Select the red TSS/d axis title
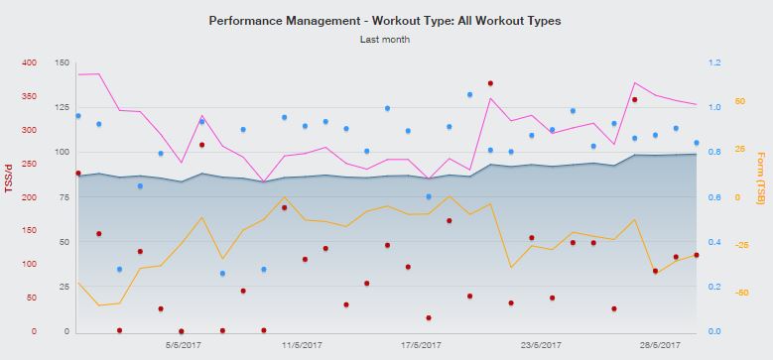[8, 178]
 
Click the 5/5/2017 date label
[183, 345]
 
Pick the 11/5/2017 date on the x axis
[302, 345]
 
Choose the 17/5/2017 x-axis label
[421, 345]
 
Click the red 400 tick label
[28, 62]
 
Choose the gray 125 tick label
[61, 107]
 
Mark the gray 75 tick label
[63, 197]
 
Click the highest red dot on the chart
[490, 83]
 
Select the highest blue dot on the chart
[469, 95]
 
